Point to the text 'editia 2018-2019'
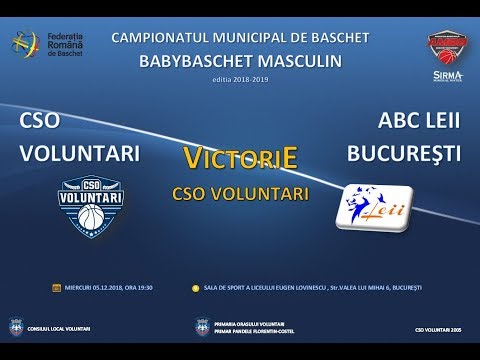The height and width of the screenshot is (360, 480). coord(239,79)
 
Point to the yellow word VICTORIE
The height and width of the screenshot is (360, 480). coord(241,158)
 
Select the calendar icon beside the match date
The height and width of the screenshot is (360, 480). coord(56,287)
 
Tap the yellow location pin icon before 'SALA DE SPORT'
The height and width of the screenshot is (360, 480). coord(195,287)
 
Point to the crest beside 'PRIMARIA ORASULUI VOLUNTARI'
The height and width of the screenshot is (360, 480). coord(203,326)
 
